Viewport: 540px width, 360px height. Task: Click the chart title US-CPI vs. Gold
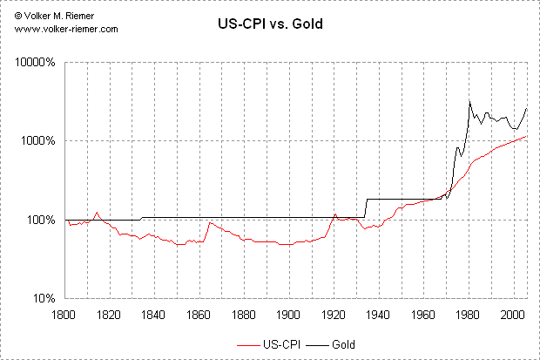(x=269, y=24)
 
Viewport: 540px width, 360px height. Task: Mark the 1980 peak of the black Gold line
(x=470, y=101)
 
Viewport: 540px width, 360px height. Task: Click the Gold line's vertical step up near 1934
(x=367, y=208)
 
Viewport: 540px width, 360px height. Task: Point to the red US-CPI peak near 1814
(x=97, y=212)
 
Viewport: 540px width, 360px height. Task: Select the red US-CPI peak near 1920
(x=335, y=214)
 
